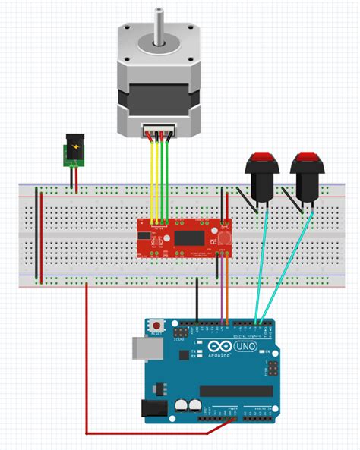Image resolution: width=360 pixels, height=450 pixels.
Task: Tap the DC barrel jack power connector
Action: [x=73, y=150]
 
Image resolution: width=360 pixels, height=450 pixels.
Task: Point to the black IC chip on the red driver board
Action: [x=185, y=237]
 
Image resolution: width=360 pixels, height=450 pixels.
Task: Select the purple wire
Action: [x=222, y=292]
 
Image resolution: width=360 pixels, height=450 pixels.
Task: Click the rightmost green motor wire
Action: [x=167, y=182]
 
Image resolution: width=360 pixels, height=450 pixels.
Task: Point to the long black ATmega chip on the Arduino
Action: [x=235, y=391]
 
